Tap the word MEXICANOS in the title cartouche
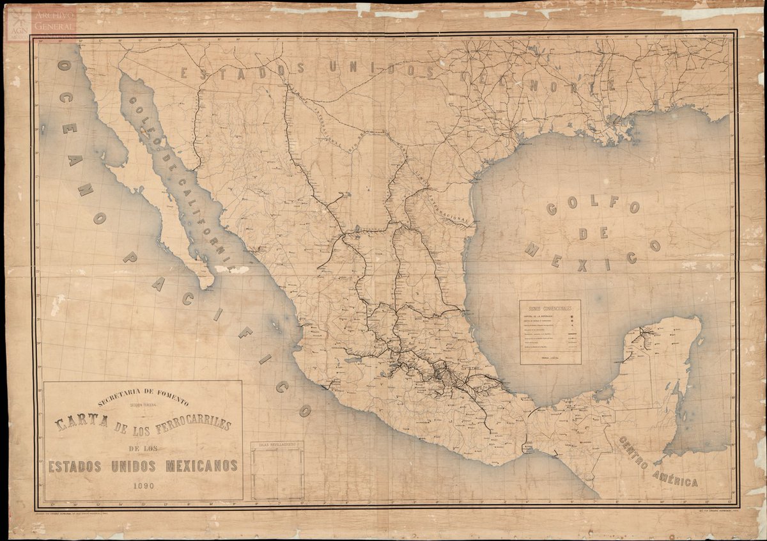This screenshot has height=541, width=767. (x=202, y=466)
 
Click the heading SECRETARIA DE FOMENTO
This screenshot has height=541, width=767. (x=143, y=400)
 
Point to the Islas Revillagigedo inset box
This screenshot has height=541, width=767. (x=277, y=470)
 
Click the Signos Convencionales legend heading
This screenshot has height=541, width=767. (x=550, y=308)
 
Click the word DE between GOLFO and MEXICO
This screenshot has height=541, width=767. (x=592, y=233)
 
